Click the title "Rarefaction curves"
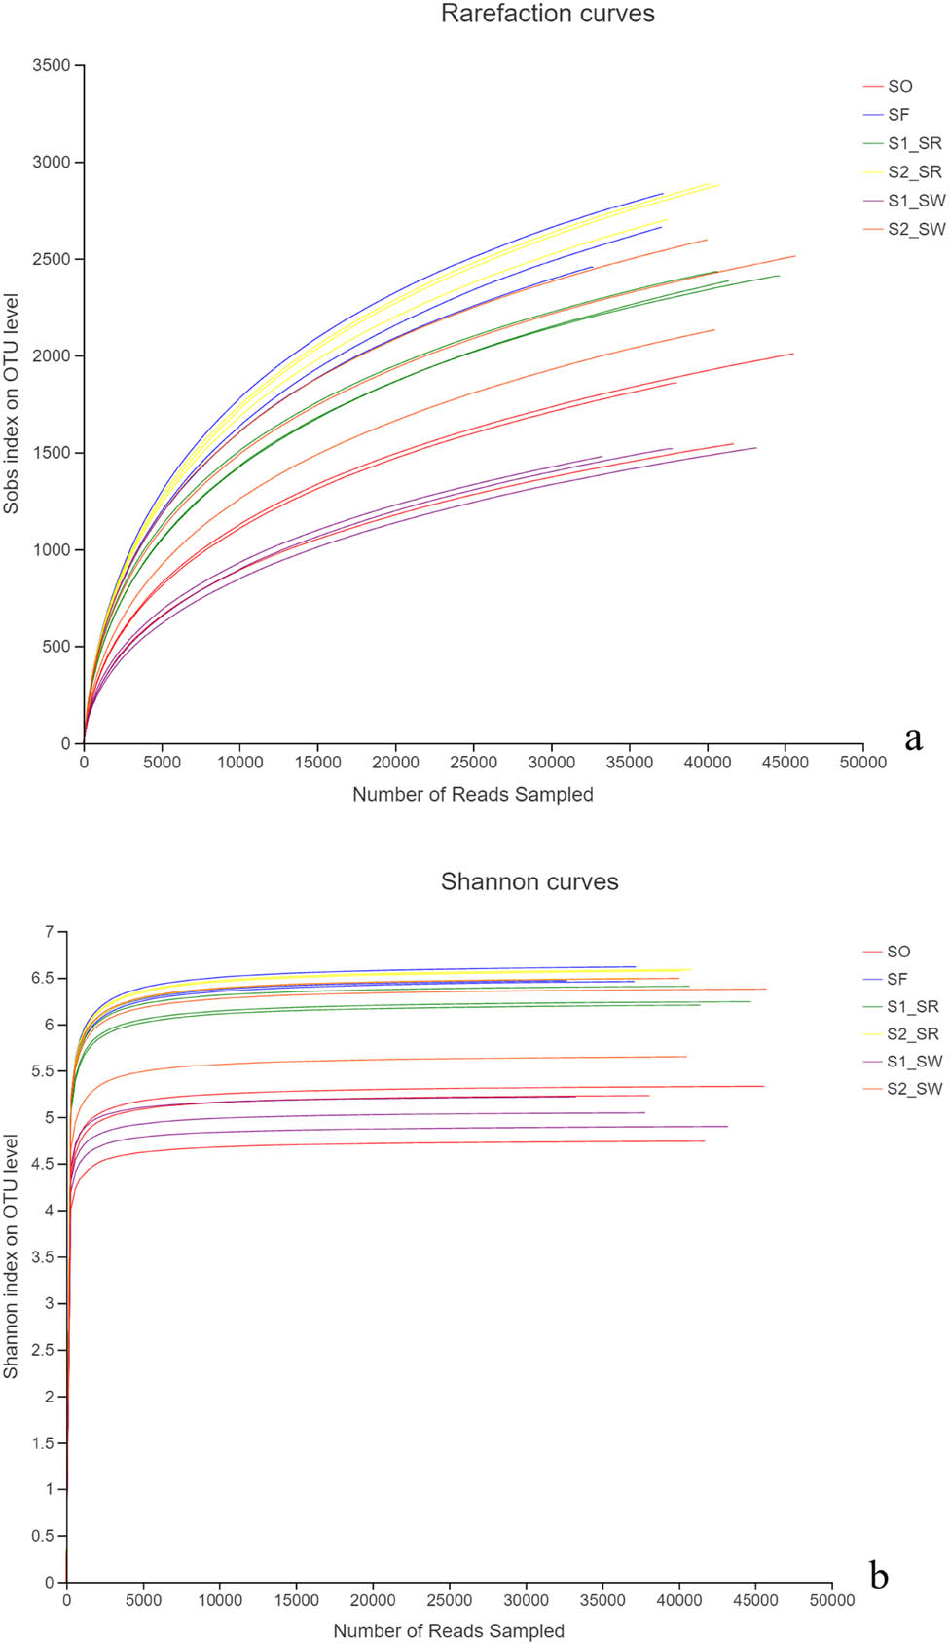click(x=547, y=15)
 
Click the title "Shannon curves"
click(x=529, y=881)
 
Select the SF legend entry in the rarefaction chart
click(x=897, y=115)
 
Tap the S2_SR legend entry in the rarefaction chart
click(x=914, y=172)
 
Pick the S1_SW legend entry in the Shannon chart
click(x=914, y=1061)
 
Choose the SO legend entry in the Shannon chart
click(x=897, y=952)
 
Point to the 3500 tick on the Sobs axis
click(x=53, y=66)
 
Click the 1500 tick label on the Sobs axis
click(x=53, y=453)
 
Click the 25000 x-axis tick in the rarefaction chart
click(x=473, y=763)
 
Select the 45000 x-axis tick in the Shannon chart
click(x=755, y=1600)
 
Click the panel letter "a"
click(x=912, y=739)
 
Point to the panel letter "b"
click(x=879, y=1575)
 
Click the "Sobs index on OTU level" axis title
click(x=12, y=403)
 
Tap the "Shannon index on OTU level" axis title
click(x=12, y=1256)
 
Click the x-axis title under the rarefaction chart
click(x=473, y=795)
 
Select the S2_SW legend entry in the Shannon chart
click(x=914, y=1088)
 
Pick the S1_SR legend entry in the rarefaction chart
click(x=914, y=144)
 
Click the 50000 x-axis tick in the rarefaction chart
click(x=862, y=763)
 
